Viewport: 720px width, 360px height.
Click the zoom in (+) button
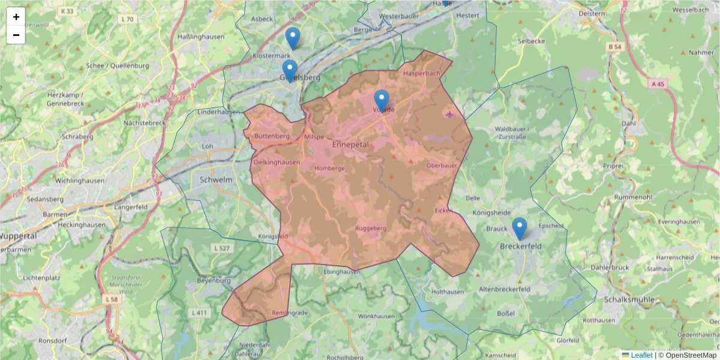[x=16, y=17]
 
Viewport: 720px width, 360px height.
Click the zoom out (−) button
[x=16, y=35]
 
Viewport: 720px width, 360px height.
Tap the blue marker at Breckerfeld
[x=520, y=229]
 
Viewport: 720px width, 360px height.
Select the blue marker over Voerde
[x=381, y=100]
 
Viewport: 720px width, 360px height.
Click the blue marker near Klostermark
[x=292, y=38]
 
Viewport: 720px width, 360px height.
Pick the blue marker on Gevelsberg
[x=290, y=70]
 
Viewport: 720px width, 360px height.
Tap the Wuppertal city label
[x=19, y=236]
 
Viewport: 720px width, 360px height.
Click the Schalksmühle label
[x=634, y=299]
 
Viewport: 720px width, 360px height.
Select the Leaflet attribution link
[x=641, y=355]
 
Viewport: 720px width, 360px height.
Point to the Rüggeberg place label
[x=371, y=229]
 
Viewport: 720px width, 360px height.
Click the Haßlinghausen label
[x=201, y=37]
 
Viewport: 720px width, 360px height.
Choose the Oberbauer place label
[x=442, y=165]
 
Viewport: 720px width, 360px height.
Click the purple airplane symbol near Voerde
[x=451, y=113]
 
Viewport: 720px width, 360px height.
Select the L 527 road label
[x=221, y=247]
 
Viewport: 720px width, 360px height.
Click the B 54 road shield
[x=613, y=47]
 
